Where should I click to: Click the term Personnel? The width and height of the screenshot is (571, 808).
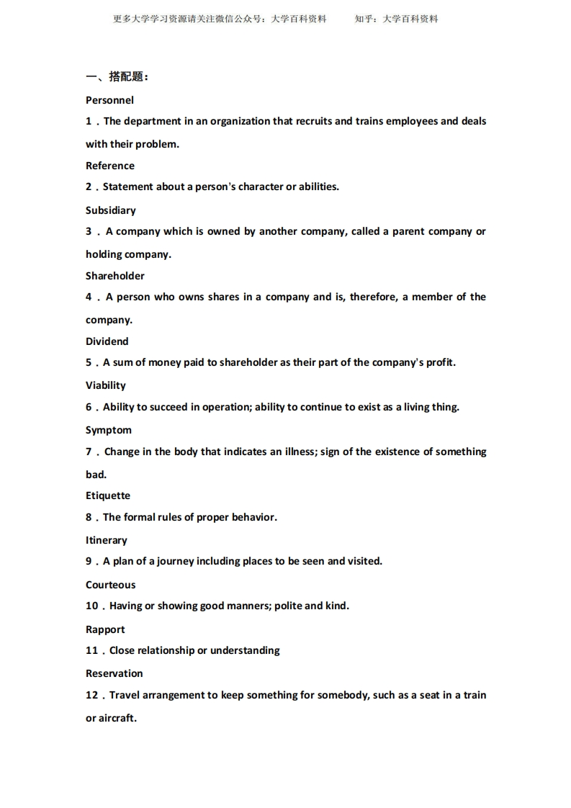(109, 100)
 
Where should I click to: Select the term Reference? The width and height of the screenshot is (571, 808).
(110, 166)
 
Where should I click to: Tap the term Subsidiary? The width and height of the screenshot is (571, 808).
(111, 210)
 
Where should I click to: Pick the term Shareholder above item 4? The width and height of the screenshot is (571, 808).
(115, 276)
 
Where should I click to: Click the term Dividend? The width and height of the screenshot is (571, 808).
(107, 341)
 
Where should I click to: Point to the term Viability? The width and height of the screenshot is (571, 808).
(106, 385)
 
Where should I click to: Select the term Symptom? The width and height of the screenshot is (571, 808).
(109, 430)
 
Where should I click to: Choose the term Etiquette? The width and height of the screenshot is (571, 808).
(108, 495)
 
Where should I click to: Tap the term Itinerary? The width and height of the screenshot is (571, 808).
(107, 540)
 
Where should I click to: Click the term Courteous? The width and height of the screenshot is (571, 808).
(111, 585)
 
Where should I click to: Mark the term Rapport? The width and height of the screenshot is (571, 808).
(105, 629)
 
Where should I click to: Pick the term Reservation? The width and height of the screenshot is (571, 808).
(114, 673)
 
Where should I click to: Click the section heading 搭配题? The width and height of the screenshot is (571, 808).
(127, 77)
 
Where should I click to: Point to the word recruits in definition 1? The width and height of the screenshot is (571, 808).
(313, 121)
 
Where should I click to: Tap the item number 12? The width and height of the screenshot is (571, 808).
(91, 695)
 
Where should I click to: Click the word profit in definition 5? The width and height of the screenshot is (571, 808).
(439, 362)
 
